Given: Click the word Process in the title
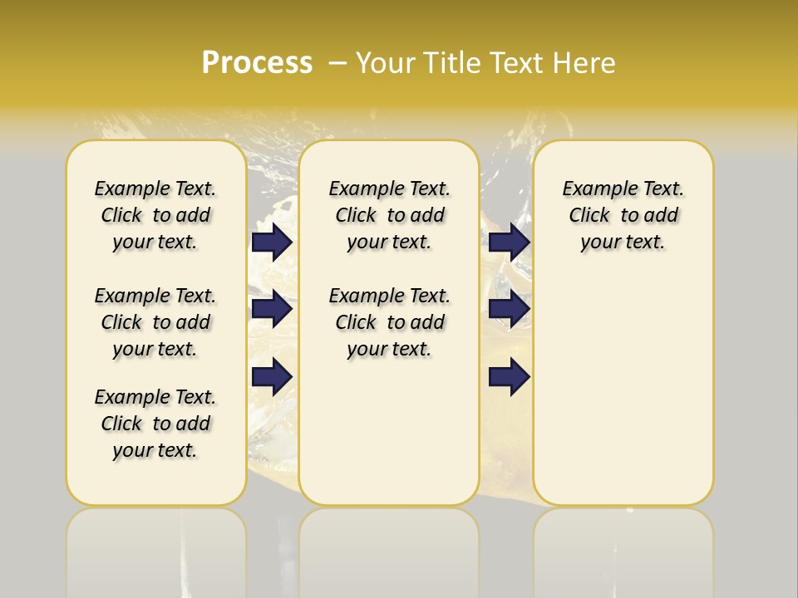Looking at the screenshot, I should tap(257, 63).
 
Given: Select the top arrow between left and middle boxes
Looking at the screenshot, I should tap(272, 242).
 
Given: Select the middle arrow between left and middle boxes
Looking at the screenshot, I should tap(272, 309).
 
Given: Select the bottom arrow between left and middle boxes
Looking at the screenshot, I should tap(272, 376).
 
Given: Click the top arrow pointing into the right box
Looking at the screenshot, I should tap(509, 242).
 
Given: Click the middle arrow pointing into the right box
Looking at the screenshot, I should tap(509, 309).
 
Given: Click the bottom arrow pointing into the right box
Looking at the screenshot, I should tap(509, 376).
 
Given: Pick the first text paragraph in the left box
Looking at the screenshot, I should tap(155, 215).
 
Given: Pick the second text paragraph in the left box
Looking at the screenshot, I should tap(155, 322).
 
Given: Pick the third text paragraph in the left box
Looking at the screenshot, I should tap(155, 424).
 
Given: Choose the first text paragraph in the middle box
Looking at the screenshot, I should tap(389, 215).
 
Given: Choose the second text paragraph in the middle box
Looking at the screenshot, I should tap(389, 322).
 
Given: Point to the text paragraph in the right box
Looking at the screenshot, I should tap(623, 215).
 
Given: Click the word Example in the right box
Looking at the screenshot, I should tap(594, 189).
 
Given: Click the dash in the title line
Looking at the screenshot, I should tap(337, 63).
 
